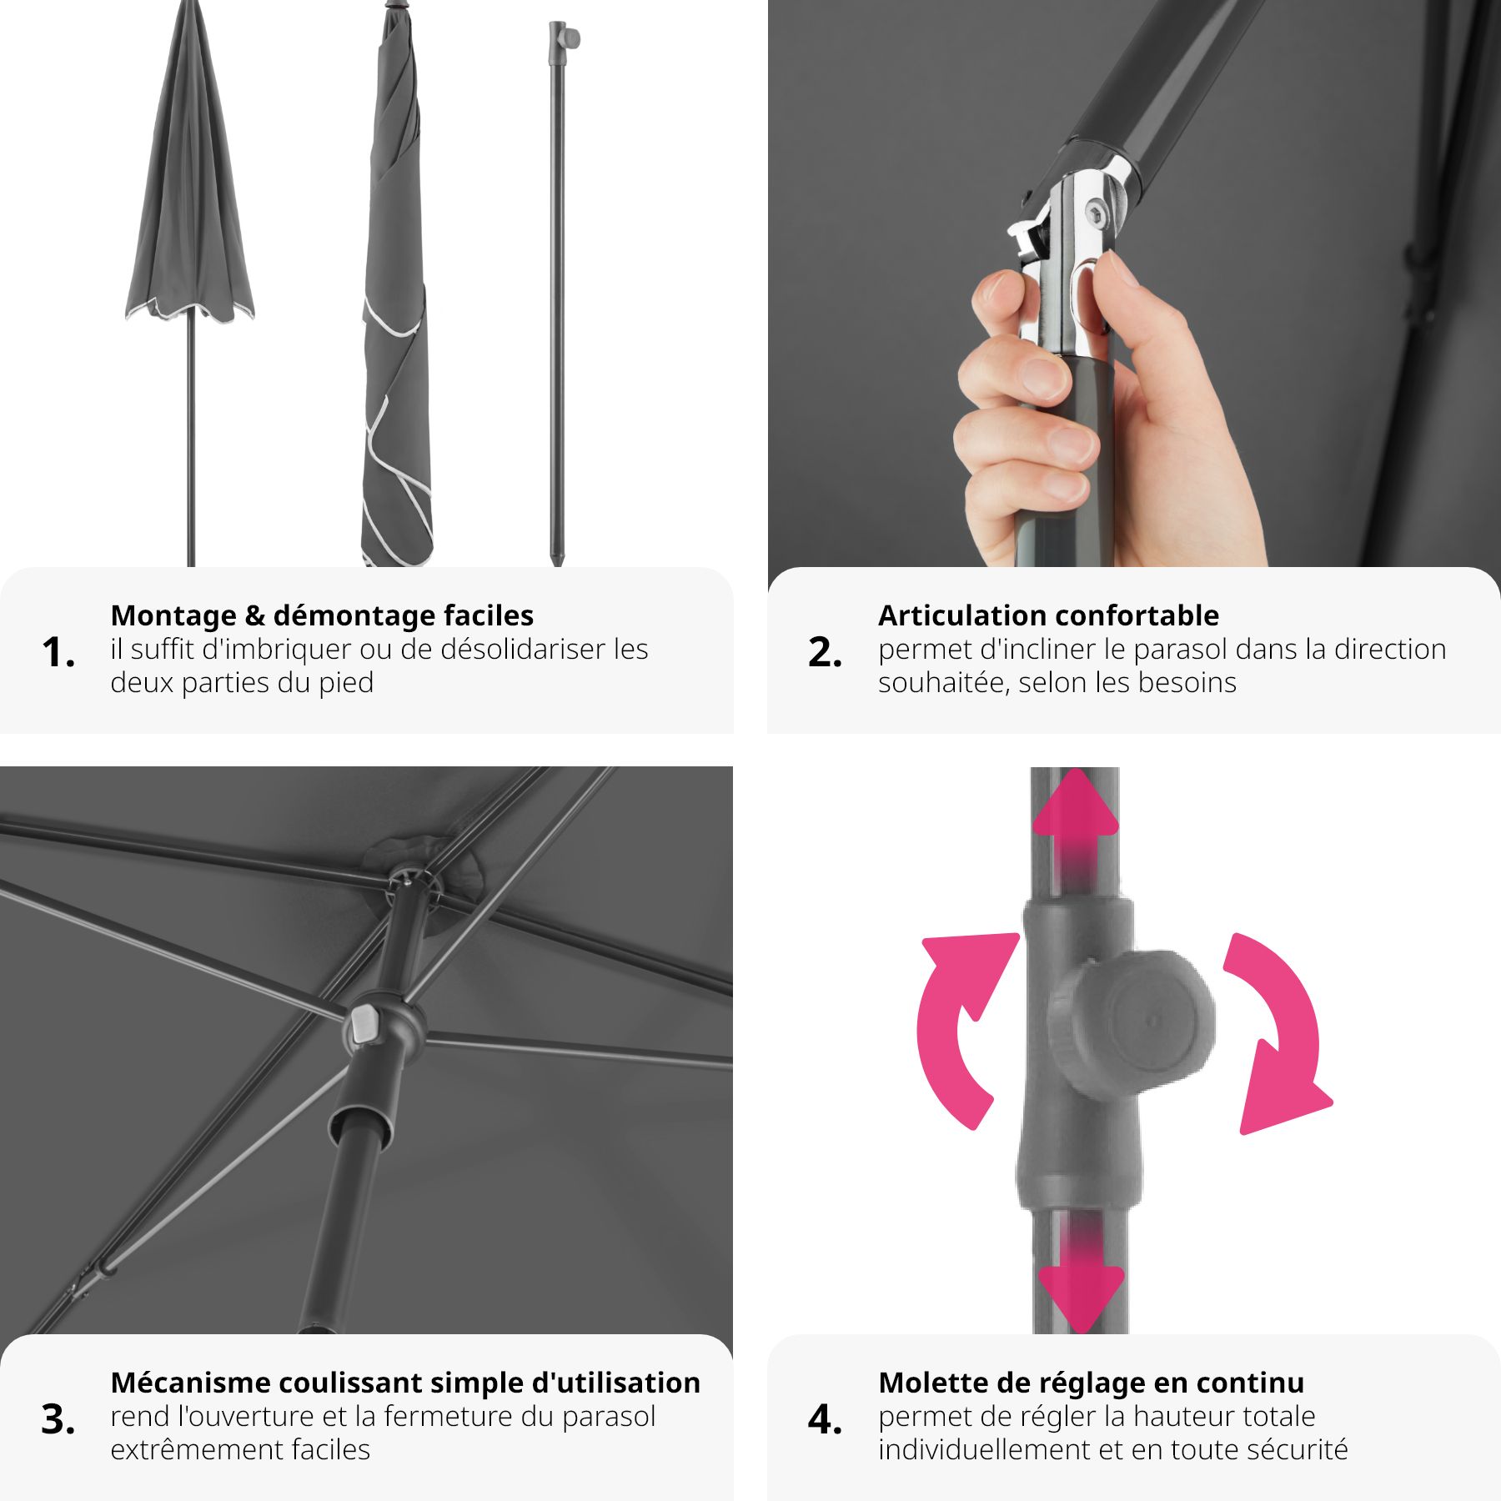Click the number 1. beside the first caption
pyautogui.click(x=58, y=652)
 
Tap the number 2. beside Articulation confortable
pyautogui.click(x=825, y=652)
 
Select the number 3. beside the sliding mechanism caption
pyautogui.click(x=58, y=1419)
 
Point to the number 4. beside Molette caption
pyautogui.click(x=825, y=1419)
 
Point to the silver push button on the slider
pyautogui.click(x=364, y=1024)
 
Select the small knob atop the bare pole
pyautogui.click(x=570, y=38)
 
